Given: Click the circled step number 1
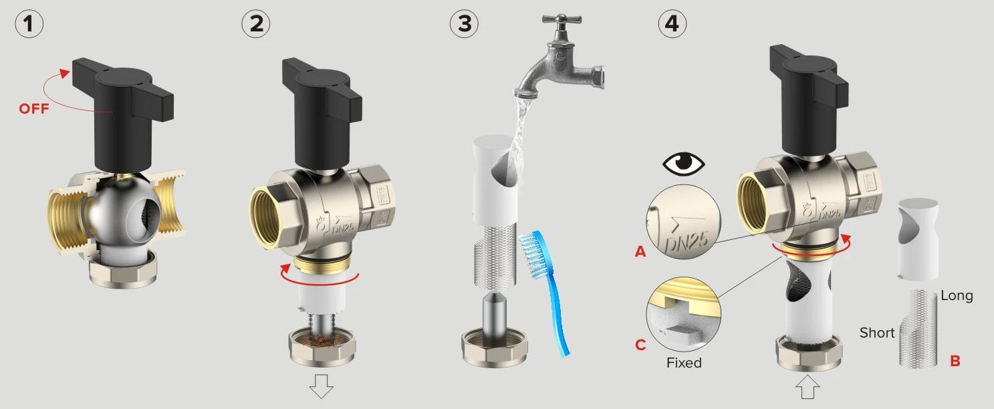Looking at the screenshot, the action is click(29, 23).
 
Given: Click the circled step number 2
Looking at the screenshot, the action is click(256, 23).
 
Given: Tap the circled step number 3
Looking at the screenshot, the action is click(464, 23).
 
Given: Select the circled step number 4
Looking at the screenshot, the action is click(672, 23).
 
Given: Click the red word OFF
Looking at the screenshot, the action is click(33, 109).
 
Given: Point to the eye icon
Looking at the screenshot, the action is click(683, 164).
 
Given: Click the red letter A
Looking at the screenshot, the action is click(640, 252).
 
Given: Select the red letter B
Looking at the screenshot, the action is click(955, 361).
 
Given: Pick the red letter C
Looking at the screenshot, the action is click(640, 345).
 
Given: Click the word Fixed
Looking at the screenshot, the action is click(684, 363).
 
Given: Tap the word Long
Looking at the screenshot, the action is click(957, 296).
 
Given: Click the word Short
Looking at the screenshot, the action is click(877, 333).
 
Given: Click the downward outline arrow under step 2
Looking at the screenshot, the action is click(322, 386).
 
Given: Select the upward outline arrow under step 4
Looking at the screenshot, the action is click(807, 387).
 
